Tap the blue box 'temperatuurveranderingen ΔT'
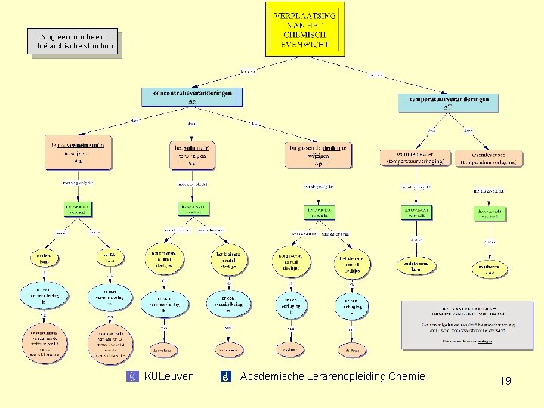pyautogui.click(x=449, y=103)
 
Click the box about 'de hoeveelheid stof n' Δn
pyautogui.click(x=78, y=153)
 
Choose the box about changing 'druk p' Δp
pyautogui.click(x=318, y=154)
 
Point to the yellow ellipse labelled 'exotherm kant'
pyautogui.click(x=490, y=268)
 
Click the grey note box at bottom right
pyautogui.click(x=467, y=325)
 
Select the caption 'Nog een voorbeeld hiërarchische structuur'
pyautogui.click(x=73, y=42)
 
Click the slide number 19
pyautogui.click(x=505, y=380)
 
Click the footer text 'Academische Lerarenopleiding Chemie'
pyautogui.click(x=332, y=376)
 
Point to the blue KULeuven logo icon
pyautogui.click(x=134, y=376)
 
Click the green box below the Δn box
pyautogui.click(x=78, y=209)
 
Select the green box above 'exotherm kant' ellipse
pyautogui.click(x=490, y=214)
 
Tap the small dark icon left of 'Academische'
pyautogui.click(x=225, y=376)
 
